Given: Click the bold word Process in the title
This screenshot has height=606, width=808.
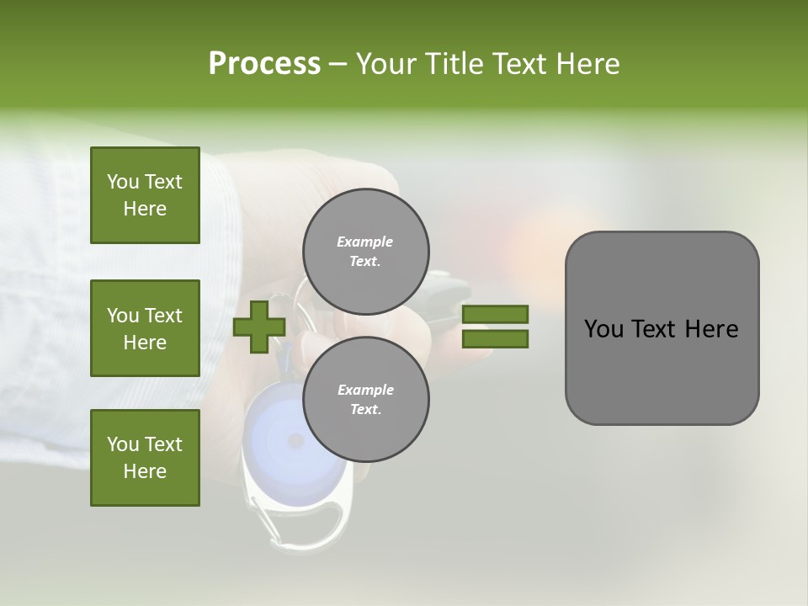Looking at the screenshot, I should tap(264, 64).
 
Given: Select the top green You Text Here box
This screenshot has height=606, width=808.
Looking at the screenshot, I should tap(145, 195).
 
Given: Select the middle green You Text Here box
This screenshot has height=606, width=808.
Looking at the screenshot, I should tap(145, 328).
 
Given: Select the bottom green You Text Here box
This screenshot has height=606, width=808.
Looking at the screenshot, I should tap(145, 458).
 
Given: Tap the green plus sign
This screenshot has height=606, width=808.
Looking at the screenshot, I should tap(258, 327).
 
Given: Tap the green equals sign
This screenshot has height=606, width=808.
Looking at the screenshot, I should tap(495, 327).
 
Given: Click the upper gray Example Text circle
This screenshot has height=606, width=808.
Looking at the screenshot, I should tap(365, 251).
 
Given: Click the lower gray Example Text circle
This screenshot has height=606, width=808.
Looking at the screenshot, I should tap(365, 399).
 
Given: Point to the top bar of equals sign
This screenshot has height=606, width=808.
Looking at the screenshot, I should tap(495, 315).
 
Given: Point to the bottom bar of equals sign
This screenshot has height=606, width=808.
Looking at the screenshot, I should tap(495, 338).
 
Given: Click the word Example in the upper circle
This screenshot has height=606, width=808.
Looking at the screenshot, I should tap(364, 242).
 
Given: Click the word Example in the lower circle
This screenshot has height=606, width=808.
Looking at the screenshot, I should tap(365, 390).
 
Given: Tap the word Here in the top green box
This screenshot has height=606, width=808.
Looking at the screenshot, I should tap(145, 209).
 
